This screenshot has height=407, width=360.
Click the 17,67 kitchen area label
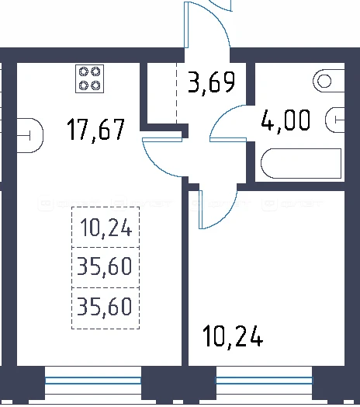click(95, 130)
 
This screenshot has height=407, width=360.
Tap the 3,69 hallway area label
click(211, 82)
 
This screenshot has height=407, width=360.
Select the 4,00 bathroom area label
click(286, 120)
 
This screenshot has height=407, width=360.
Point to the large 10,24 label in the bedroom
click(233, 336)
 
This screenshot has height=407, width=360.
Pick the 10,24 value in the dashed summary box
click(106, 228)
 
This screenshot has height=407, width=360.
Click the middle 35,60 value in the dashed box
click(105, 266)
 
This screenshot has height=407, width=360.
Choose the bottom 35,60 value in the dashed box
click(105, 307)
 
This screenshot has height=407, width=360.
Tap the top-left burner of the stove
click(84, 71)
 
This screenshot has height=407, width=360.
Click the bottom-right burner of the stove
click(95, 85)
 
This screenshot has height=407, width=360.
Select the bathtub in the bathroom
click(301, 164)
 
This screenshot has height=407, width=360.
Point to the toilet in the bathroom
click(329, 81)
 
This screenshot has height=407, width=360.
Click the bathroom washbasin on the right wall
click(335, 120)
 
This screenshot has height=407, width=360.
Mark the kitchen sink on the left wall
click(30, 135)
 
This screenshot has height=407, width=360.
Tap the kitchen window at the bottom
click(93, 381)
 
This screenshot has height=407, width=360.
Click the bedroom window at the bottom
click(264, 381)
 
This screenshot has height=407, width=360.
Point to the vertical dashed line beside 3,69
click(177, 93)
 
